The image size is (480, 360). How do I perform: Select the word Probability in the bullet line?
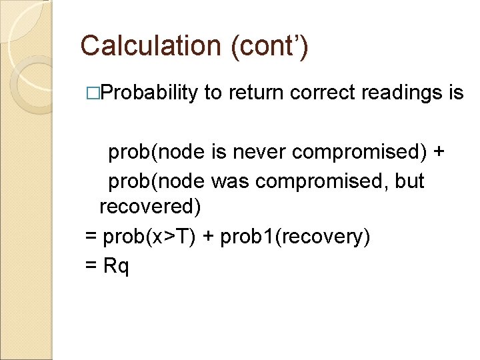153,93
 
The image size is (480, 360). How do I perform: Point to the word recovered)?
150,207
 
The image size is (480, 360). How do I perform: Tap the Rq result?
117,265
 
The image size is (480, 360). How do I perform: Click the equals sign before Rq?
91,265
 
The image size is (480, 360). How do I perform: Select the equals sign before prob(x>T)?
91,235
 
